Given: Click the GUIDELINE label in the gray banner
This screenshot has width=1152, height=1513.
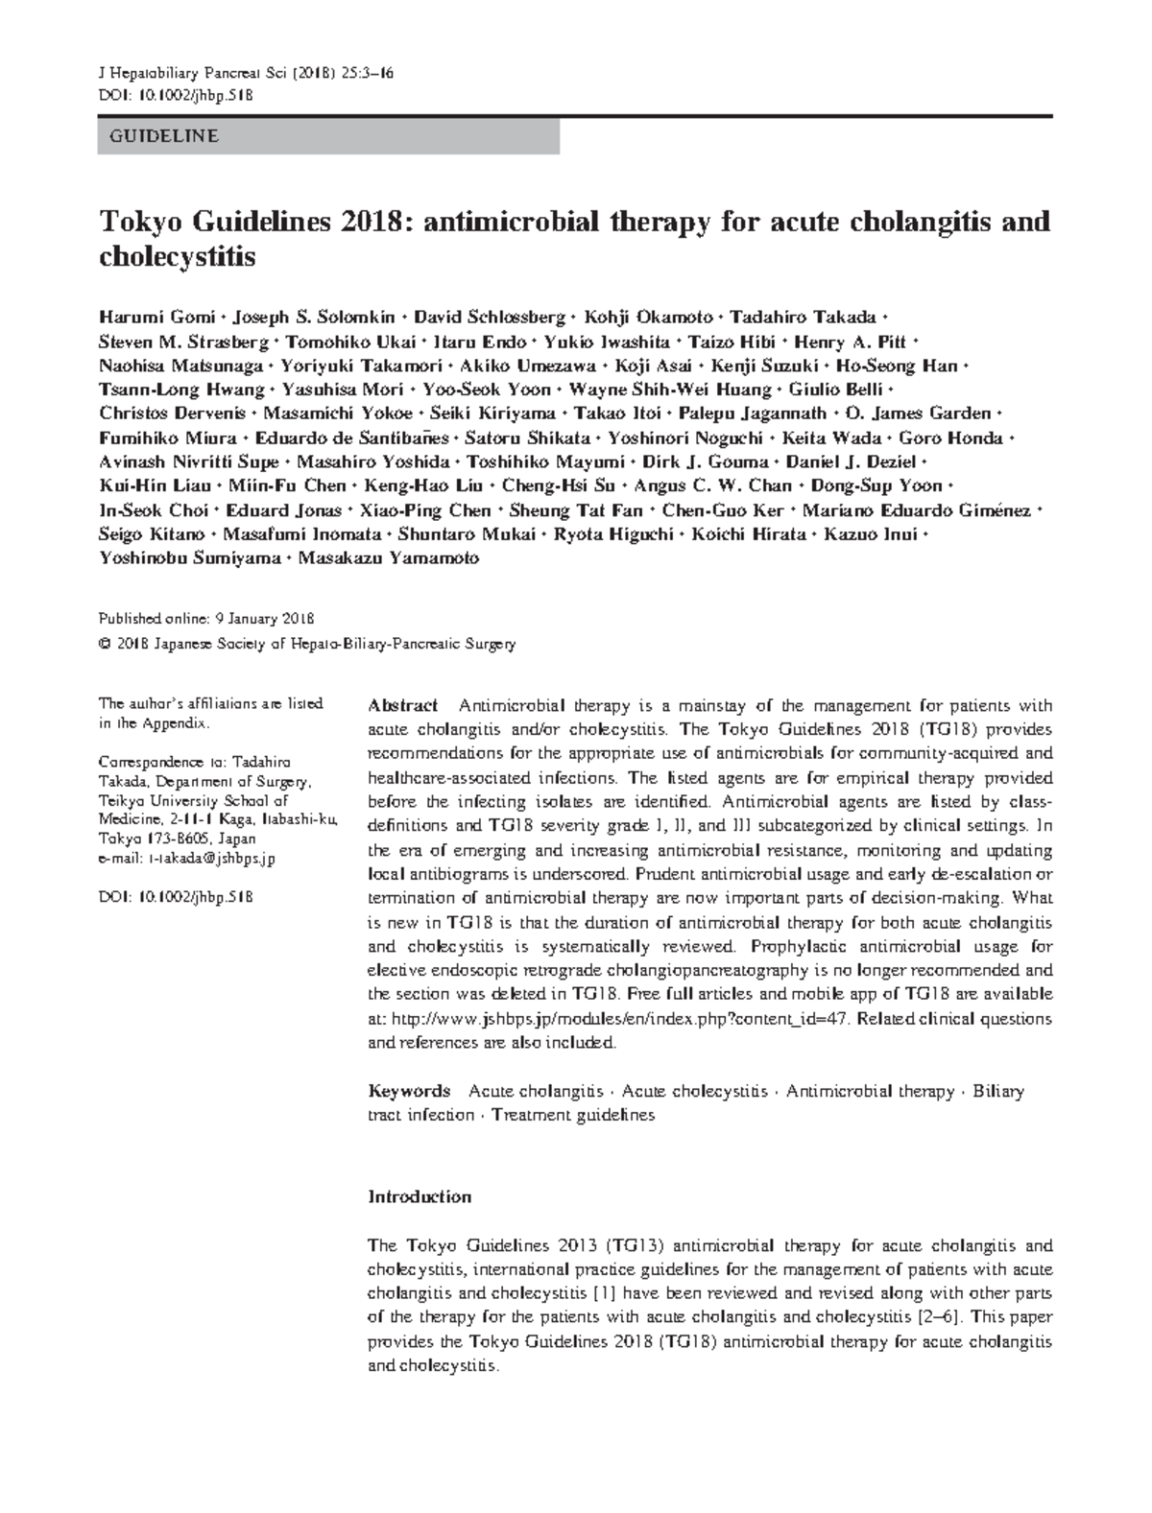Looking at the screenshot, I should pos(157,136).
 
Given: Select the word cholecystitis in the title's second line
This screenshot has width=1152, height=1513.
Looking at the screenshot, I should pos(178,257).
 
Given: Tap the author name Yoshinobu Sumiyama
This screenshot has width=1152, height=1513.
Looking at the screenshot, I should pos(189,557).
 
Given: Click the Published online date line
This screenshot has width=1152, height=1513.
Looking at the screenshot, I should pos(206,619).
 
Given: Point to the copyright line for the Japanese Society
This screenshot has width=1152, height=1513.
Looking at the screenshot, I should pos(307,644).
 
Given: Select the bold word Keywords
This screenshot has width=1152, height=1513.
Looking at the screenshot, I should pos(410,1091).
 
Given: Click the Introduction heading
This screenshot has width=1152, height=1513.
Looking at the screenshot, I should pos(420,1196).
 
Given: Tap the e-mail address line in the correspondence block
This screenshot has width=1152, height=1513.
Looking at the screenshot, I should pos(187,860).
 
